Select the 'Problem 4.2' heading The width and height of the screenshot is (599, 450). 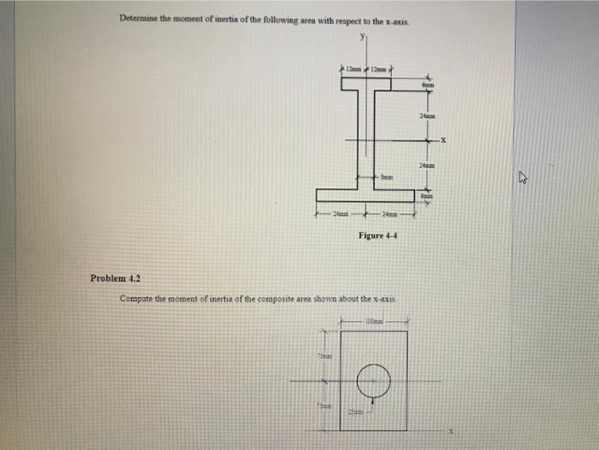click(115, 278)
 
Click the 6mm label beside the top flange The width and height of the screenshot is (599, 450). click(428, 85)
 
